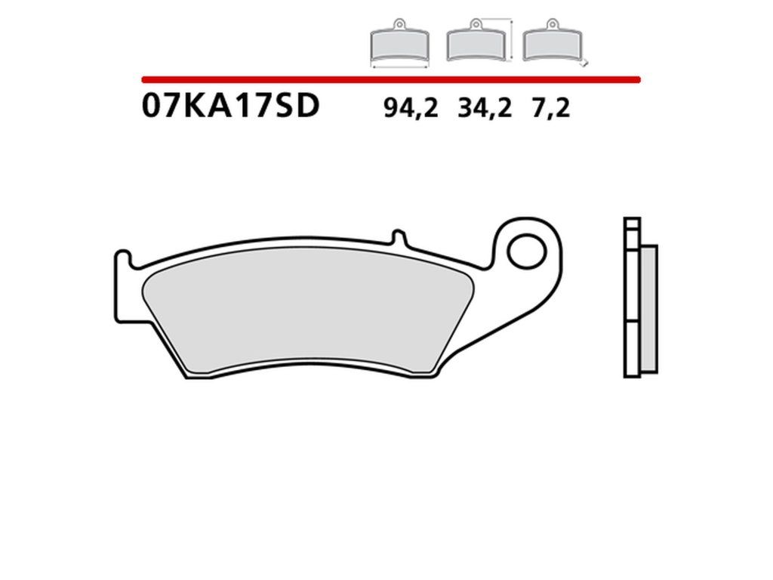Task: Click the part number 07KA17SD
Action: pos(231,106)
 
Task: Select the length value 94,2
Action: pos(411,108)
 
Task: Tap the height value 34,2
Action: pos(485,108)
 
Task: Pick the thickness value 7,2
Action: pos(550,108)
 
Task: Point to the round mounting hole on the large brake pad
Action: pos(527,251)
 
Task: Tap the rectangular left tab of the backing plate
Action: pos(123,286)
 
